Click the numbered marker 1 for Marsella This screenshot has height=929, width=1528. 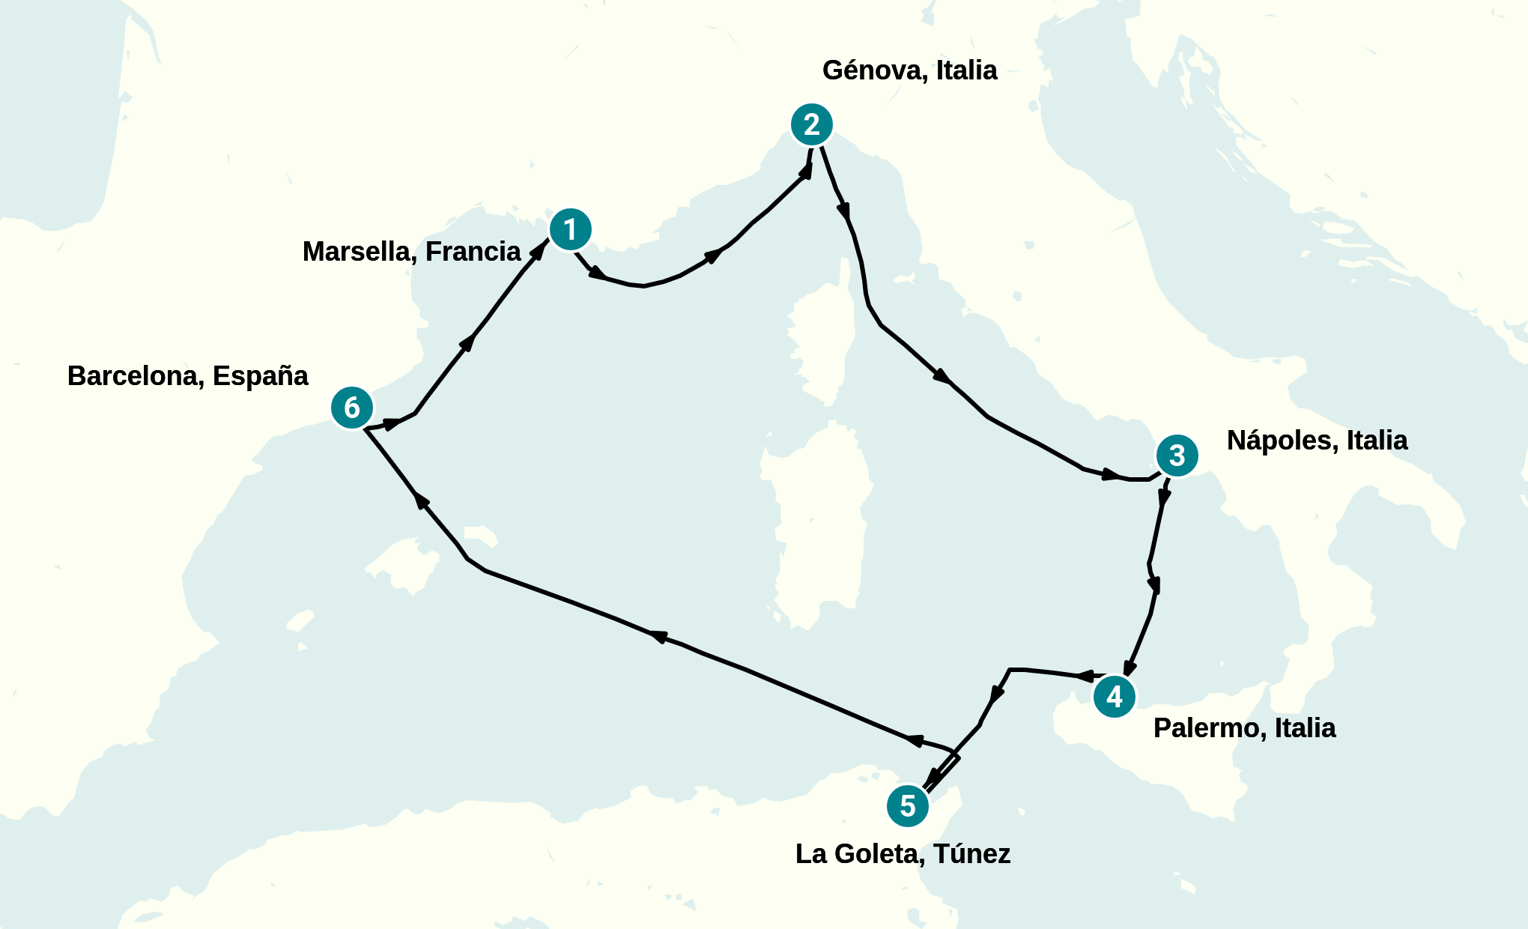point(570,229)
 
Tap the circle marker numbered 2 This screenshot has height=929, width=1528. point(811,124)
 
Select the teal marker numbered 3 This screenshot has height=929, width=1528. point(1177,455)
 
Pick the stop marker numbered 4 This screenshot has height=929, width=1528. point(1114,697)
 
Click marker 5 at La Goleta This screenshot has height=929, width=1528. point(908,806)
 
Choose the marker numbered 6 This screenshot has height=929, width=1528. point(351,408)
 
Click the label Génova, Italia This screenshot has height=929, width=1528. point(909,70)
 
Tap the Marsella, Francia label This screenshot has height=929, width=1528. point(411,252)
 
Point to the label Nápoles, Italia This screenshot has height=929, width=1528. point(1317,441)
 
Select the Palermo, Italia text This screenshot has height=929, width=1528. point(1244,728)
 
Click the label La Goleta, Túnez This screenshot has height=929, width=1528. point(903,854)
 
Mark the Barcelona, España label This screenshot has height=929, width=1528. point(187,376)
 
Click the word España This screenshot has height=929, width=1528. point(260,376)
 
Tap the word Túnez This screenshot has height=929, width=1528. point(971,854)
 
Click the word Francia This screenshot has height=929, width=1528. point(473,252)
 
